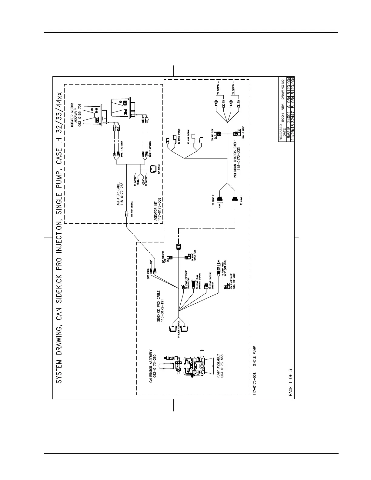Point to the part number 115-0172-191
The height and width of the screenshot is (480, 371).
[163, 310]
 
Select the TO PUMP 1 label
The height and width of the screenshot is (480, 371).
[242, 200]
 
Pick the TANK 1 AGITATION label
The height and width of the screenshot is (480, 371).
[121, 148]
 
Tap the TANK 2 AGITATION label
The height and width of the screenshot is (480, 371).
[150, 149]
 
